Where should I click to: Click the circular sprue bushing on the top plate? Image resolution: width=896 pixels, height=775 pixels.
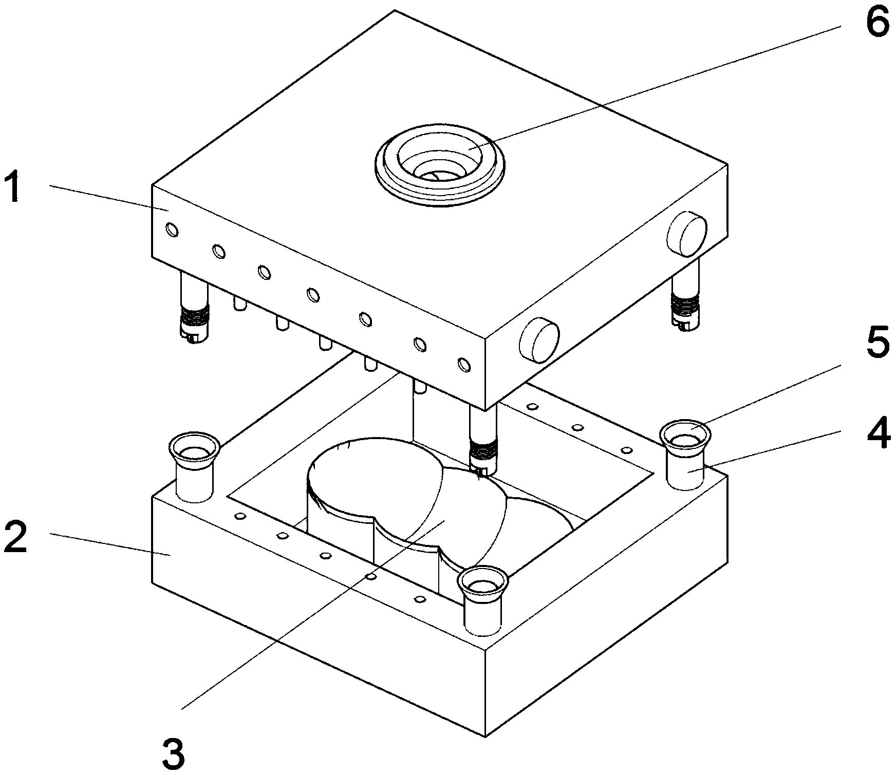coord(440,163)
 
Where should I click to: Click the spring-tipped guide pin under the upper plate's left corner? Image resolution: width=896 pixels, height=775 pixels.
coord(194,307)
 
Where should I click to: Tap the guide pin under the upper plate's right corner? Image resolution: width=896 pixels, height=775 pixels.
coord(687,294)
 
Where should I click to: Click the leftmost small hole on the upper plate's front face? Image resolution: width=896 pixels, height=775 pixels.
coord(173,230)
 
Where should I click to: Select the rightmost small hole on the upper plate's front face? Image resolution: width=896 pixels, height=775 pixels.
coord(464,365)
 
